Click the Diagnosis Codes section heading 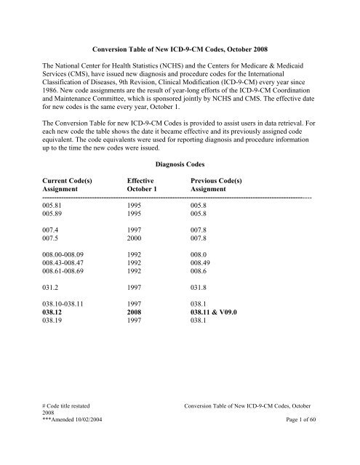click(180, 163)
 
